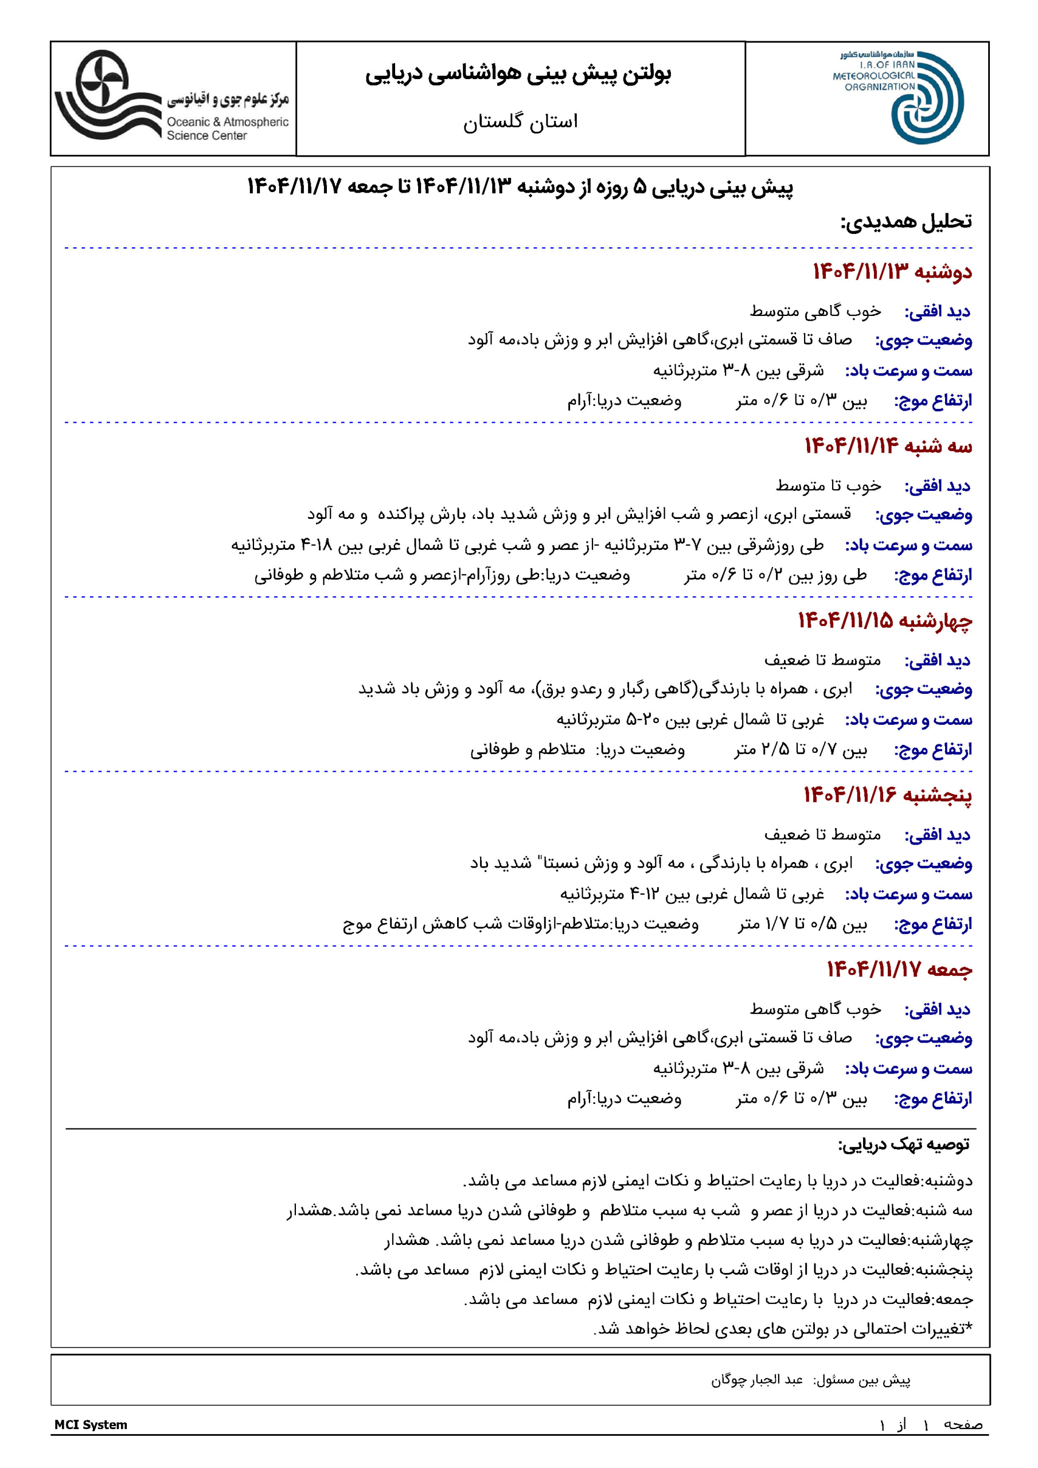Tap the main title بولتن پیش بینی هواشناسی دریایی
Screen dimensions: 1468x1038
coord(518,74)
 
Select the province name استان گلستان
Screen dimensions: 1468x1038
coord(520,121)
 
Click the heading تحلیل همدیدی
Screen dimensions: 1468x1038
coord(906,221)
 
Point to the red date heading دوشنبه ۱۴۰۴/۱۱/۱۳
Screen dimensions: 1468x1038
coord(892,272)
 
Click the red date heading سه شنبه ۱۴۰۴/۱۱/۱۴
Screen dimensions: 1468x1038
coord(888,446)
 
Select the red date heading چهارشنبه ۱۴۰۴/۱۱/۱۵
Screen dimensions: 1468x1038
coord(884,620)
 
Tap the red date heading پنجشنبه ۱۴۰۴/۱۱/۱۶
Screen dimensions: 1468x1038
coord(888,795)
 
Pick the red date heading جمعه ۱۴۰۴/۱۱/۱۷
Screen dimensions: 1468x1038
coord(899,969)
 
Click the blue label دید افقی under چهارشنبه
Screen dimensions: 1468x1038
coord(937,661)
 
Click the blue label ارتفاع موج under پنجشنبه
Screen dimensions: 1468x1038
coord(932,924)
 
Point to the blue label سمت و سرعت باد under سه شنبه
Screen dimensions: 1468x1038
coord(908,545)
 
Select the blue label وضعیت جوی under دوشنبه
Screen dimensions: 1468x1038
coord(923,340)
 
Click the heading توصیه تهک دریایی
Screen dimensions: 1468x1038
coord(904,1145)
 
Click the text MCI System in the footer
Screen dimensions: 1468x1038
coord(91,1424)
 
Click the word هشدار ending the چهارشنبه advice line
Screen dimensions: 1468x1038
coord(407,1240)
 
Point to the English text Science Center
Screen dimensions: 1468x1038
coord(206,135)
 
